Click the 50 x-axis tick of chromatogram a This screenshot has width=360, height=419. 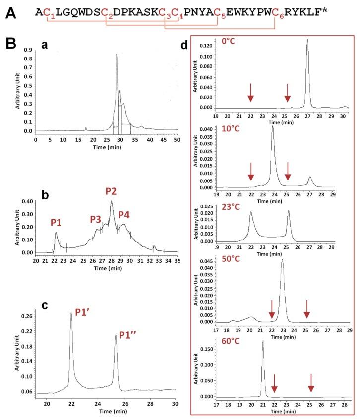click(x=178, y=140)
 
